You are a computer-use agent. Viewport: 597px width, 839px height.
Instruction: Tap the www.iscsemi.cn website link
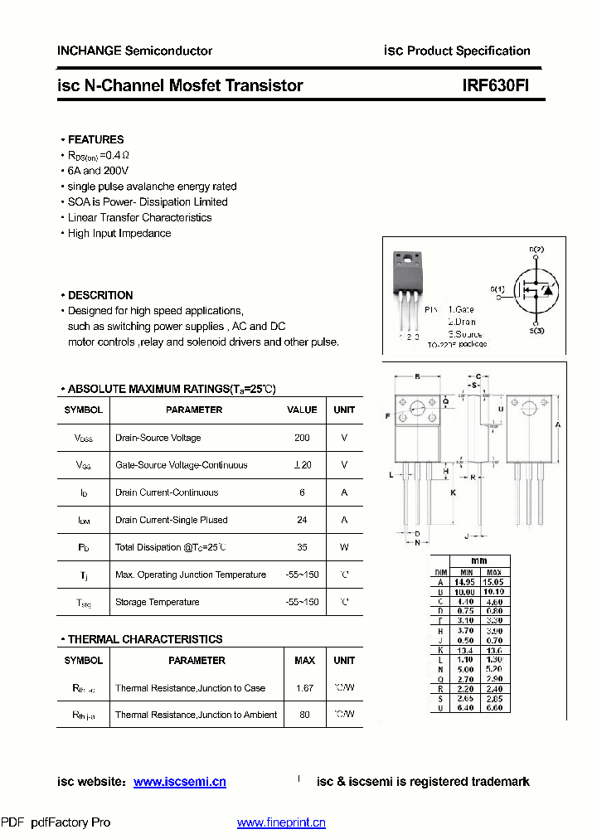(x=179, y=782)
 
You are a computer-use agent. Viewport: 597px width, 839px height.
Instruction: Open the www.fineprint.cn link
(x=281, y=822)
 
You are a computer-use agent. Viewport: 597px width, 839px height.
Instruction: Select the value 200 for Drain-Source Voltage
(x=302, y=438)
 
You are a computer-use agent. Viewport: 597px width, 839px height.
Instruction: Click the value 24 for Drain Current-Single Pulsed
(x=302, y=520)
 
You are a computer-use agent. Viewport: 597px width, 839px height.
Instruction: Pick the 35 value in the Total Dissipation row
(x=302, y=547)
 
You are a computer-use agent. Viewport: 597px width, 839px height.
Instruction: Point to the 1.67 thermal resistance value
(x=304, y=688)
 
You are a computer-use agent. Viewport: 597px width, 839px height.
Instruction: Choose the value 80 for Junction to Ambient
(x=304, y=715)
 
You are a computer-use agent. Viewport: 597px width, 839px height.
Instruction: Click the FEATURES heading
(x=95, y=139)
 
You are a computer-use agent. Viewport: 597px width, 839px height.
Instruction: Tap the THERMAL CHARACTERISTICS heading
(x=144, y=639)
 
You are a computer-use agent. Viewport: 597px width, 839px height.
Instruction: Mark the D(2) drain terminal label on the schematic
(x=536, y=249)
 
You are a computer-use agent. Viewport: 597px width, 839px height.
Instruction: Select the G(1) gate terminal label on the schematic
(x=497, y=289)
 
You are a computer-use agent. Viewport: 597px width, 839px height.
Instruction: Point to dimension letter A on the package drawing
(x=559, y=424)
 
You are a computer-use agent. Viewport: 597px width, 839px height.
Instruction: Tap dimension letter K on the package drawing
(x=453, y=492)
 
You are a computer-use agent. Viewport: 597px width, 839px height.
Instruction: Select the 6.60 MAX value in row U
(x=494, y=708)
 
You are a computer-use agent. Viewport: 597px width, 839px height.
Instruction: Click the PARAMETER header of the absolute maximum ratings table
(x=194, y=410)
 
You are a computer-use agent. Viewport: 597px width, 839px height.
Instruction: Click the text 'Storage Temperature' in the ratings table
(x=157, y=602)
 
